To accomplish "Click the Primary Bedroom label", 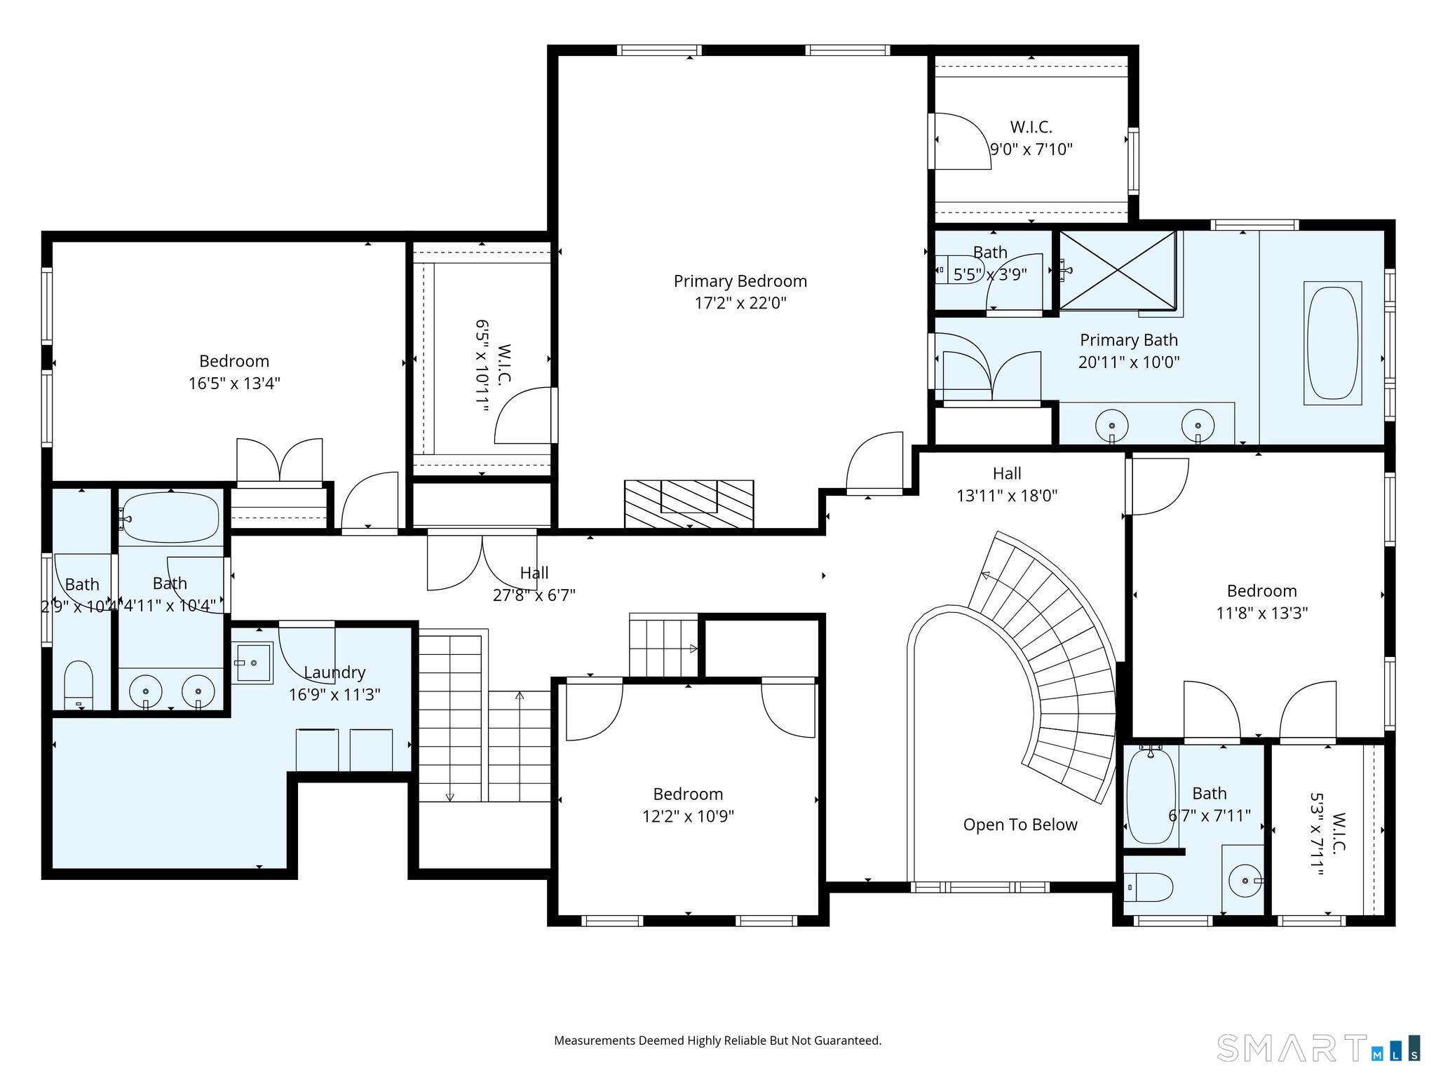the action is click(x=740, y=281).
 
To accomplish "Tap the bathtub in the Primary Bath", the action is click(x=1333, y=343).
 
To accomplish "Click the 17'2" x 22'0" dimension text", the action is click(x=740, y=304).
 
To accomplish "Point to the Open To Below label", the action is click(x=1020, y=825).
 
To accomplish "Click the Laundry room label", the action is click(x=334, y=672).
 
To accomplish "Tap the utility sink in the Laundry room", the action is click(x=252, y=663).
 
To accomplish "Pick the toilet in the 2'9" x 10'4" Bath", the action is click(x=79, y=685).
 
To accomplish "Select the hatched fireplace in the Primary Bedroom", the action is click(x=689, y=504).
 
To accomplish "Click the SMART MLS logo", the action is click(x=1318, y=1048).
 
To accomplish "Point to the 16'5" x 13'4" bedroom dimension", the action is click(x=234, y=384).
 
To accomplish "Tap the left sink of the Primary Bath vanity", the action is click(x=1112, y=425).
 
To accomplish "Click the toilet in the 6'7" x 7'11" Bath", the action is click(x=1148, y=887).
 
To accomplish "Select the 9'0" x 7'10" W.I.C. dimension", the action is click(x=1031, y=149).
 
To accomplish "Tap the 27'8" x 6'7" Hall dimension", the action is click(x=534, y=595).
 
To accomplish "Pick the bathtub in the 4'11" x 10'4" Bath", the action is click(x=169, y=517).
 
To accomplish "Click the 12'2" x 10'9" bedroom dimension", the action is click(x=689, y=816).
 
